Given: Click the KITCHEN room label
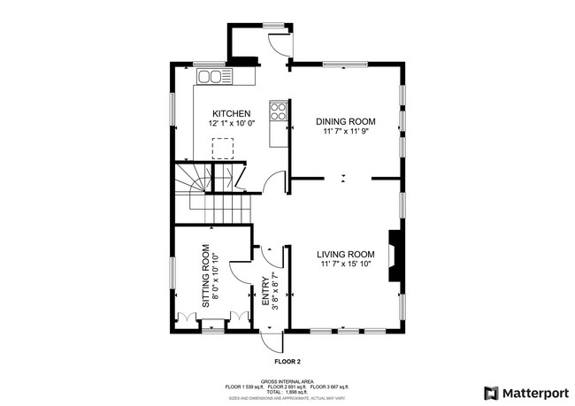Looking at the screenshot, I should pyautogui.click(x=231, y=114).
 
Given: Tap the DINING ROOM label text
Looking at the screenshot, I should pyautogui.click(x=347, y=121).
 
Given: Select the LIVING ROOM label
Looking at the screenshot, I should pyautogui.click(x=346, y=255).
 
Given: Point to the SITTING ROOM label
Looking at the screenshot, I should pyautogui.click(x=205, y=275).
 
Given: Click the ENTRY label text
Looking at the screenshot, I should pyautogui.click(x=264, y=292).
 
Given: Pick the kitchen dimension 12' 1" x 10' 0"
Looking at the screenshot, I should pyautogui.click(x=231, y=125).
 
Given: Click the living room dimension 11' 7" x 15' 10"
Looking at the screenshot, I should pyautogui.click(x=346, y=265).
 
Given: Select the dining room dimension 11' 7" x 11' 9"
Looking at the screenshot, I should pyautogui.click(x=347, y=132).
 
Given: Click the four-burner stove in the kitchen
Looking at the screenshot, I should pyautogui.click(x=278, y=111).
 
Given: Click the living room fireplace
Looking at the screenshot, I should pyautogui.click(x=395, y=255).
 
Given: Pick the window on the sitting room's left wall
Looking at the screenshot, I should pyautogui.click(x=173, y=275).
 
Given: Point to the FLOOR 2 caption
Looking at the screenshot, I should pyautogui.click(x=287, y=362).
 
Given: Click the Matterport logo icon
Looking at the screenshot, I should pyautogui.click(x=490, y=393).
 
